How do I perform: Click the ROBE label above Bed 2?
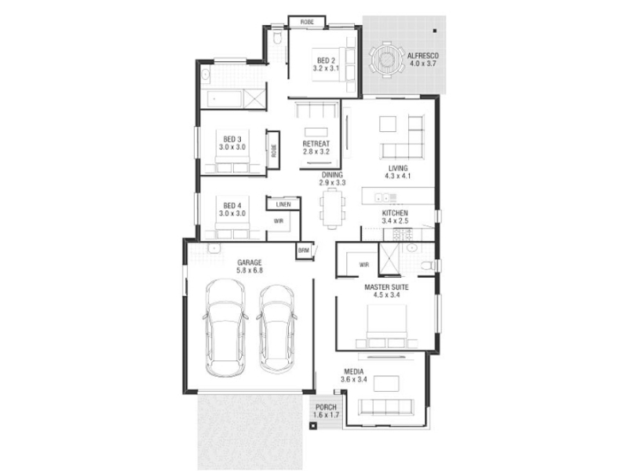point(307,22)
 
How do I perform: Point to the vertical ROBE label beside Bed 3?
point(273,151)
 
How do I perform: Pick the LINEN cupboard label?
point(283,205)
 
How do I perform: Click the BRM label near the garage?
point(303,250)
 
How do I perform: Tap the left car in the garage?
point(225,327)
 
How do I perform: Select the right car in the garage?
point(277,328)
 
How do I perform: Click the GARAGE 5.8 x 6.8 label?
point(249,266)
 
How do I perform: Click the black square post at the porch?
point(313,425)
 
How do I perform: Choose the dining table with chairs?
point(332,210)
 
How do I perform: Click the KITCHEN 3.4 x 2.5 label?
point(395,217)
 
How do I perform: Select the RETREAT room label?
point(316,148)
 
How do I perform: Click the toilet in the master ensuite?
point(429,265)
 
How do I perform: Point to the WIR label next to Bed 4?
point(279,221)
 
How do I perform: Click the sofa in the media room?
point(386,407)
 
